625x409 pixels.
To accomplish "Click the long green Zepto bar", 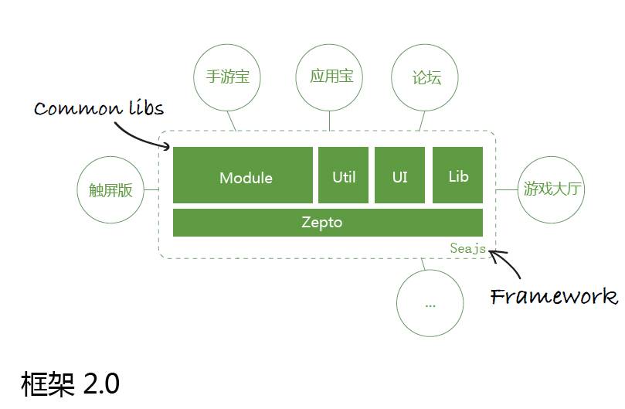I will (328, 223).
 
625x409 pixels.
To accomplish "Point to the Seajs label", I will (467, 248).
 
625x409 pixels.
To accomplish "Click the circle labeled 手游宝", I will (227, 77).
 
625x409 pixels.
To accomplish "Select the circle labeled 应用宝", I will (331, 77).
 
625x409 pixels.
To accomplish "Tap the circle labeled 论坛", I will (426, 78).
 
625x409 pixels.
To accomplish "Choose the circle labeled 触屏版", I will (110, 190).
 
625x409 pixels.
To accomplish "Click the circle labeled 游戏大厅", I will (551, 189).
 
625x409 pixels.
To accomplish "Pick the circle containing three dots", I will (430, 304).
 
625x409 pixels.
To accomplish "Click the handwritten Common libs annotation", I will (99, 107).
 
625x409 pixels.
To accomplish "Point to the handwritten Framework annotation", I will (554, 296).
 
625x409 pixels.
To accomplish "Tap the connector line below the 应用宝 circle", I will (330, 120).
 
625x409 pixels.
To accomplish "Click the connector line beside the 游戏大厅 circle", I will (505, 189).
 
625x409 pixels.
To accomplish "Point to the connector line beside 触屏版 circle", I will (151, 189).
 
